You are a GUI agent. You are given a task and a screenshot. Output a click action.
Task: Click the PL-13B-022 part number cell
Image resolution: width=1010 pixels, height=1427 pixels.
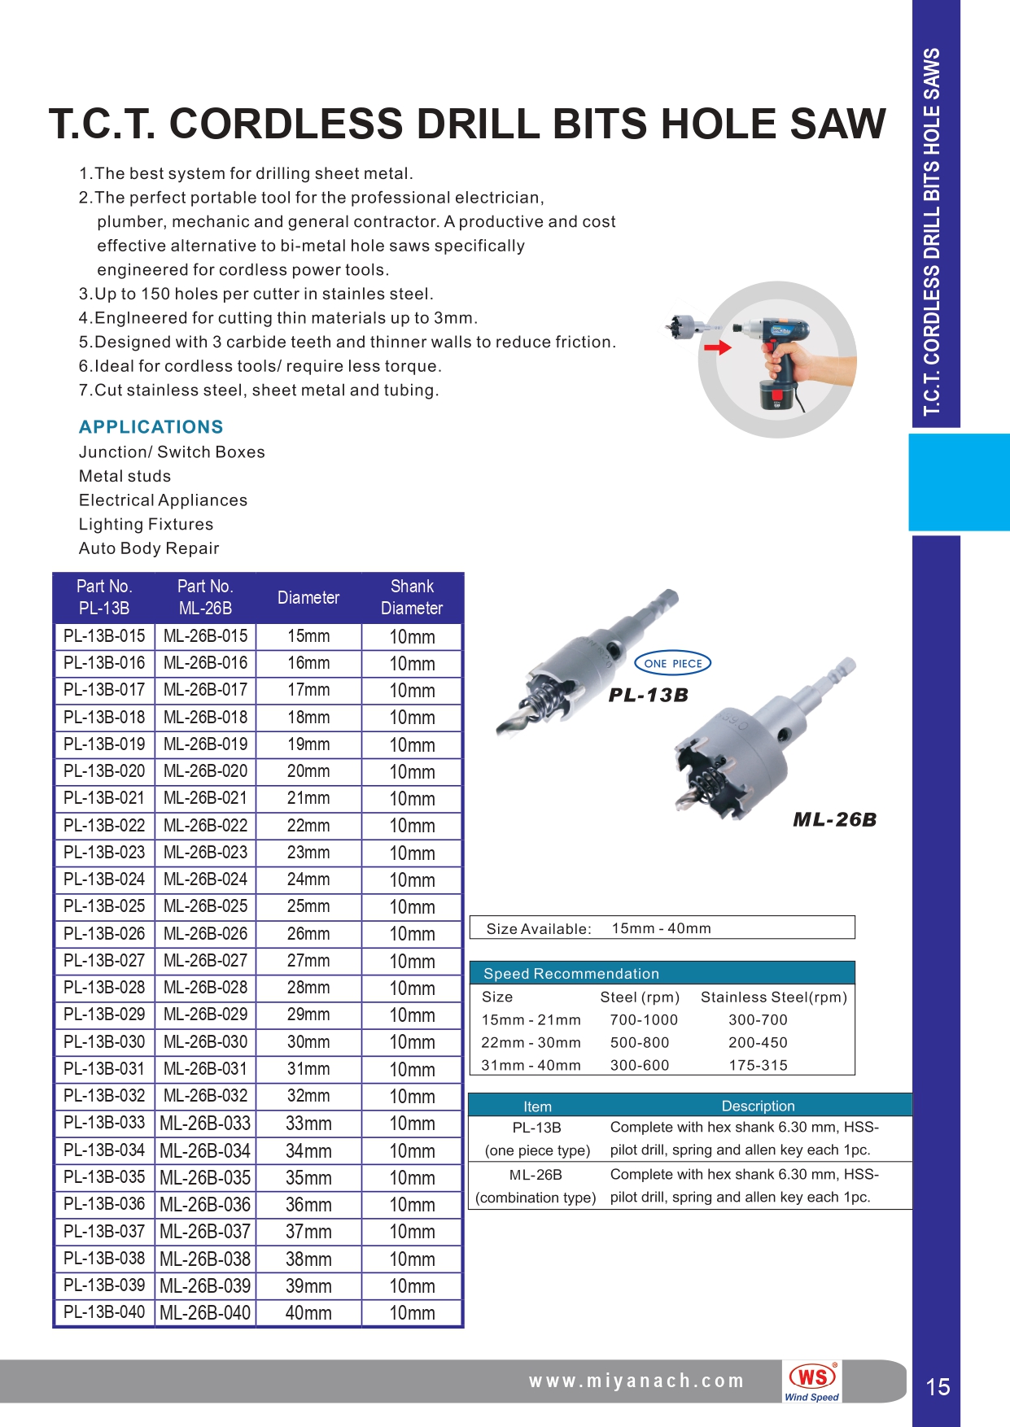click(104, 825)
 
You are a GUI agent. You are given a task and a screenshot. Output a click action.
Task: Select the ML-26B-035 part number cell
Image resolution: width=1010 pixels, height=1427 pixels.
click(205, 1177)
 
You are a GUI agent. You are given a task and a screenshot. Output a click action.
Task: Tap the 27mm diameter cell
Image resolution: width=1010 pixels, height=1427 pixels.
click(308, 960)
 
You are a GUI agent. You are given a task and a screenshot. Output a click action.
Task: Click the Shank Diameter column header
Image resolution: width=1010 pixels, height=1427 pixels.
click(412, 597)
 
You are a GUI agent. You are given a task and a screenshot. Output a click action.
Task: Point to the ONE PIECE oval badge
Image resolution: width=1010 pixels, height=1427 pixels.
click(672, 663)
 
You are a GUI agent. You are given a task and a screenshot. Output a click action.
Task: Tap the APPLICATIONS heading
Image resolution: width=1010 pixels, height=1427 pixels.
click(151, 427)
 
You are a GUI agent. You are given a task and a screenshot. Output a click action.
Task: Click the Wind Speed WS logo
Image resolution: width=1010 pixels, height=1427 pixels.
click(812, 1381)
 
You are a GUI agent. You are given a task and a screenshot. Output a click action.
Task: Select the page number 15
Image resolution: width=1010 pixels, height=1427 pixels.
click(938, 1386)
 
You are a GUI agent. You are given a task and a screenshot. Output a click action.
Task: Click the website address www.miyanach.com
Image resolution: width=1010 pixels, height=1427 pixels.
click(636, 1381)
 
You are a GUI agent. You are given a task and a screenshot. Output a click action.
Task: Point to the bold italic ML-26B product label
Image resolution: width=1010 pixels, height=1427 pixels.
click(834, 820)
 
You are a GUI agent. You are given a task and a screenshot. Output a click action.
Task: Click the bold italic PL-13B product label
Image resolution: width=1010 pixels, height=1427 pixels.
click(649, 696)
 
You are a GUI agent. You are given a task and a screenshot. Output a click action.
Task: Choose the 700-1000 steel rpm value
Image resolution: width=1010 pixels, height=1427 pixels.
click(644, 1019)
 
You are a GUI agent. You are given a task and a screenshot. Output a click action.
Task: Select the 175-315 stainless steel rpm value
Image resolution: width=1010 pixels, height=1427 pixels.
click(758, 1065)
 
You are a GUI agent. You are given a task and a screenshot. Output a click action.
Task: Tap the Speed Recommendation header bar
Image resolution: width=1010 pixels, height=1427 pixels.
click(662, 973)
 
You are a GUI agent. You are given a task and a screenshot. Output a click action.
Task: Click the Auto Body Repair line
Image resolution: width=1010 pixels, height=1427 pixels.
click(149, 548)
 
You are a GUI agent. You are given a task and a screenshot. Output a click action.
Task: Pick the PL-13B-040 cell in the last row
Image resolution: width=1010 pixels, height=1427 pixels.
click(104, 1312)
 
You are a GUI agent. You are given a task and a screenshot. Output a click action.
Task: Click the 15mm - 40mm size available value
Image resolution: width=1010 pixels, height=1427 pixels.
click(661, 928)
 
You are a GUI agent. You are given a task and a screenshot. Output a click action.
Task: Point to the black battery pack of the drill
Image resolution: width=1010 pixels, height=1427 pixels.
click(779, 396)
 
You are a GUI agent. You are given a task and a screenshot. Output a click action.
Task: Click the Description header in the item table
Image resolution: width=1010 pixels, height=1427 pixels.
click(758, 1106)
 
